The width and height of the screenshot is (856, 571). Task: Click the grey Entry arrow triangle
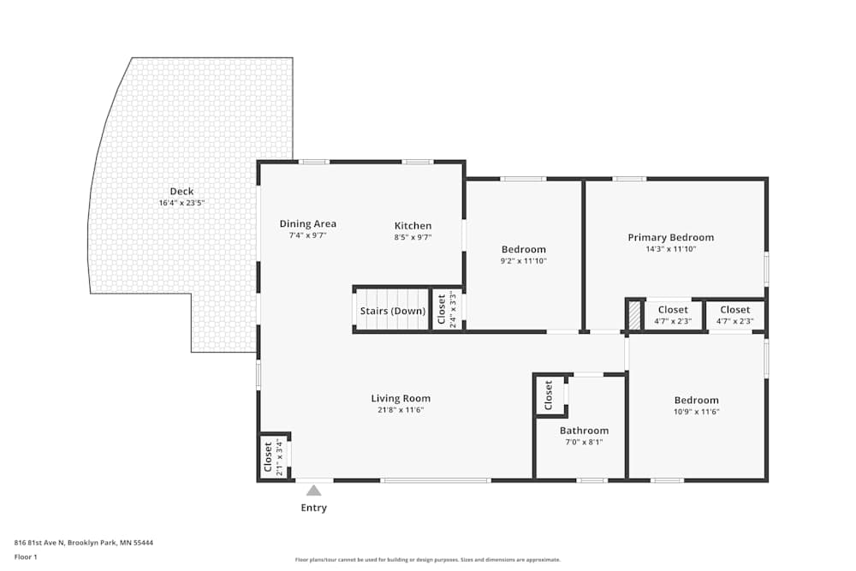314,491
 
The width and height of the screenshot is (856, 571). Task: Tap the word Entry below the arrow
313,509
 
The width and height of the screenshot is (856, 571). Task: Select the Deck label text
181,192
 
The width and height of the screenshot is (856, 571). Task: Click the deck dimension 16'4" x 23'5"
181,204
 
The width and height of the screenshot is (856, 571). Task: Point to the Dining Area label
307,224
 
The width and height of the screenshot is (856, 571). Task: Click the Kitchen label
413,226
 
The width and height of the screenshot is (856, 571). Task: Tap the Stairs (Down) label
392,311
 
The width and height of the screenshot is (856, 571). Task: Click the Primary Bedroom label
670,238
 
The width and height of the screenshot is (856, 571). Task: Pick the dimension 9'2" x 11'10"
523,261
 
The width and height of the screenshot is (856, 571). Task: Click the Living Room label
401,398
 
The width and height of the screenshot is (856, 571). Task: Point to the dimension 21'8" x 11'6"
401,410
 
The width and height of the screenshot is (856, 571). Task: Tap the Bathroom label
584,431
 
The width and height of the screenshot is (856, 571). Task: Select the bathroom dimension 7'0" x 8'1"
584,443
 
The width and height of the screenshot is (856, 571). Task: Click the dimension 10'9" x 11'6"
696,412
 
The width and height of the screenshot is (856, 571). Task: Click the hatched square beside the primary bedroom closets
634,315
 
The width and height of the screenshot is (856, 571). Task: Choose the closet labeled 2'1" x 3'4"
274,456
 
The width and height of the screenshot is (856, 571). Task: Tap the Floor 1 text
26,557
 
